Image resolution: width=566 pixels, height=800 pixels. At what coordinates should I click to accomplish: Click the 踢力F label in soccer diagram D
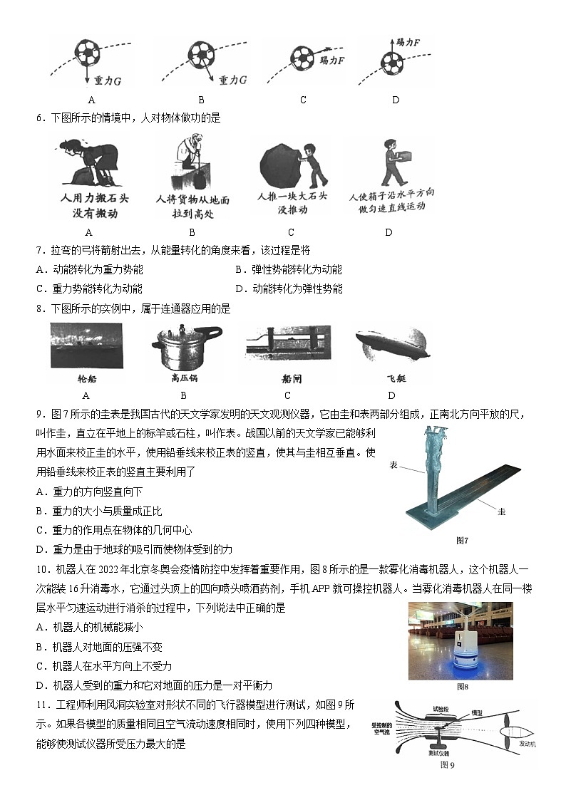(x=407, y=43)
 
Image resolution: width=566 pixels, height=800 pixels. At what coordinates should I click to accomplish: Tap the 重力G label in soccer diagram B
(x=232, y=80)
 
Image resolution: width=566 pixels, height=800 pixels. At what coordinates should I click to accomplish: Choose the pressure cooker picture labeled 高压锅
(x=183, y=346)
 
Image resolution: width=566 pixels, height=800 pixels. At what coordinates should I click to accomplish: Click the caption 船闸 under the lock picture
(x=287, y=380)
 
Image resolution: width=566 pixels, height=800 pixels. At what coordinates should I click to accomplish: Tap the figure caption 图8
(x=461, y=687)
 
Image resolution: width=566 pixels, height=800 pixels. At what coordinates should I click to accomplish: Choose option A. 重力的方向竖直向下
(x=89, y=492)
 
